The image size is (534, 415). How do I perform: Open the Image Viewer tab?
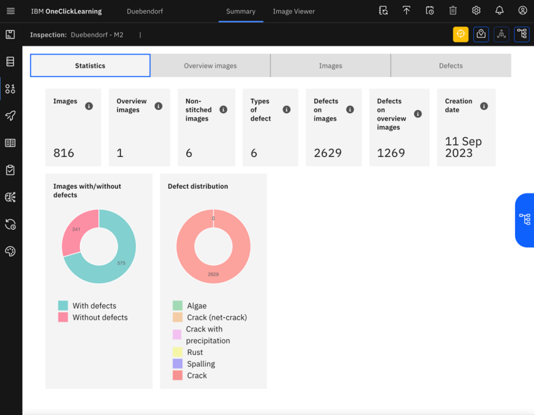[293, 11]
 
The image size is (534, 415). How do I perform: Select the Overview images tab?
[210, 65]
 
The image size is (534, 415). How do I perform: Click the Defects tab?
[451, 65]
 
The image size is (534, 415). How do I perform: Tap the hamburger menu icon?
[11, 11]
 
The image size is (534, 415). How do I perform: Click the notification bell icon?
[499, 11]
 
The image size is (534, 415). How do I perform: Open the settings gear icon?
[476, 11]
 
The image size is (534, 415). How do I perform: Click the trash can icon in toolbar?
[453, 11]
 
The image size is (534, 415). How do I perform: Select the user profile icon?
[522, 11]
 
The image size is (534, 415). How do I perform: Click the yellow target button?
[460, 34]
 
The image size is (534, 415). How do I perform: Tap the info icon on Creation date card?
[484, 106]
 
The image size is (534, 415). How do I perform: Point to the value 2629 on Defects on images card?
[328, 153]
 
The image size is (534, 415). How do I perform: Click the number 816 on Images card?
[64, 153]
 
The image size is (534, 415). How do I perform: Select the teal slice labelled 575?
[121, 262]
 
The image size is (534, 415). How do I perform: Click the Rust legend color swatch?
[178, 352]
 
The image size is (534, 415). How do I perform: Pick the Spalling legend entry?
[201, 364]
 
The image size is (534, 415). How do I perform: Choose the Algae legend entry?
[197, 306]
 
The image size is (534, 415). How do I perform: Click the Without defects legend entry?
[100, 318]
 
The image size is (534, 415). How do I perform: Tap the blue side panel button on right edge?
[525, 219]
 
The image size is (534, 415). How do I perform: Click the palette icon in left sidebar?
[10, 251]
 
